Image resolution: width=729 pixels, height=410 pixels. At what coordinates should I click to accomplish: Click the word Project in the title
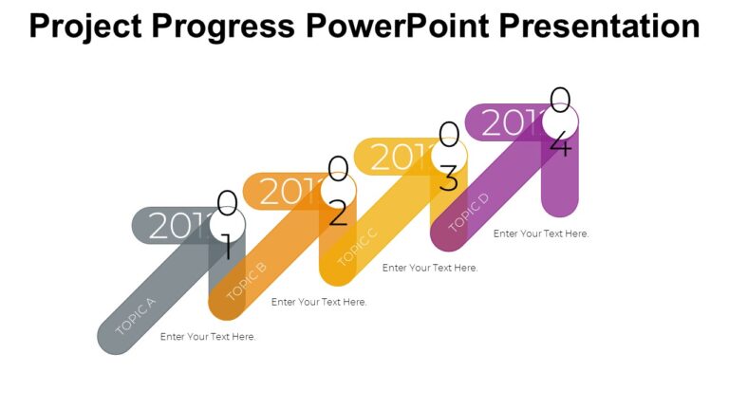click(88, 27)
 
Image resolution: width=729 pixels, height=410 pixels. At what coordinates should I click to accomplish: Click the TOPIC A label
click(135, 317)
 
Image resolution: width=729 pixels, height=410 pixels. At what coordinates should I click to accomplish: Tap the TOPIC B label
click(246, 280)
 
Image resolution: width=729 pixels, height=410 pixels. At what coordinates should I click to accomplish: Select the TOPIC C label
click(357, 246)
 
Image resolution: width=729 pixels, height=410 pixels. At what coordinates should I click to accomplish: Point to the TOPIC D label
click(468, 212)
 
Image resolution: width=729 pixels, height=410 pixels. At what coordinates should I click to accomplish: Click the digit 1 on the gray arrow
click(226, 248)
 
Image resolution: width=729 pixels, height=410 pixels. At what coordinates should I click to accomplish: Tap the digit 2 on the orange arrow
click(338, 214)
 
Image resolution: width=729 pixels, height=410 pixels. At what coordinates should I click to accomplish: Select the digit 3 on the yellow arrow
click(449, 178)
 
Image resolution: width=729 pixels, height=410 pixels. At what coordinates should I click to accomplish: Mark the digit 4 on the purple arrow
click(560, 145)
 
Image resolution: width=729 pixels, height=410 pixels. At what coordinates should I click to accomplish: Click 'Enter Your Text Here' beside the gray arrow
click(208, 337)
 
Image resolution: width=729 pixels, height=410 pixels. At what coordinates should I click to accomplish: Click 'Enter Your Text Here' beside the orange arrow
click(319, 302)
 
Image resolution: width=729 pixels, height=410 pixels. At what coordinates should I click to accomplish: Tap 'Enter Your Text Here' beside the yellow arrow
click(430, 268)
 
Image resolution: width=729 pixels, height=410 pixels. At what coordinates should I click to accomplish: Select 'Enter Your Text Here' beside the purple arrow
click(541, 233)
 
